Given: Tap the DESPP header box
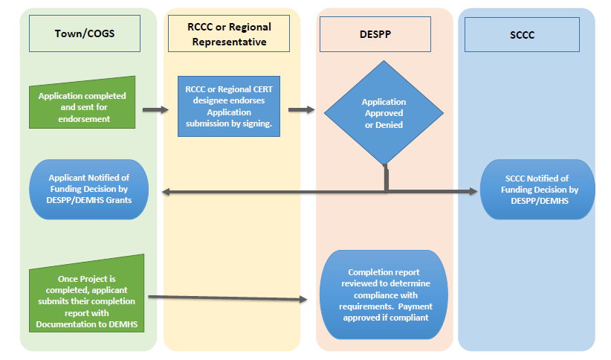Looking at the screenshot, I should [x=375, y=34].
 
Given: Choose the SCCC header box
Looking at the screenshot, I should [x=522, y=34].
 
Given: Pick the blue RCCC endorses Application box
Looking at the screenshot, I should [x=229, y=106].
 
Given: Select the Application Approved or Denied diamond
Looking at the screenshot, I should [x=384, y=113].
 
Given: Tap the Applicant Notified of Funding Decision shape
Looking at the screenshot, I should [x=88, y=189].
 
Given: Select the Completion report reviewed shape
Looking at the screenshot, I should [x=384, y=295].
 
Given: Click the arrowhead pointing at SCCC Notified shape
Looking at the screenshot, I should [x=473, y=191].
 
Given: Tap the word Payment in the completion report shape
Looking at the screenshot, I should [x=414, y=306].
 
